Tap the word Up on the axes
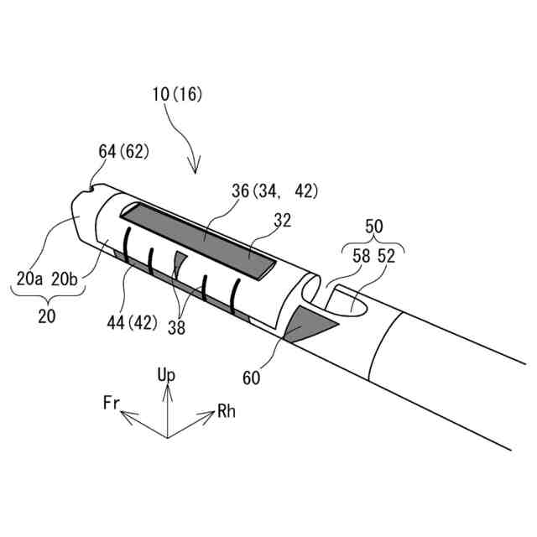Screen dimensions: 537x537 tap(166, 374)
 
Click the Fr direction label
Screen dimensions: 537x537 tap(112, 404)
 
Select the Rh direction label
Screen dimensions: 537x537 tap(227, 411)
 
